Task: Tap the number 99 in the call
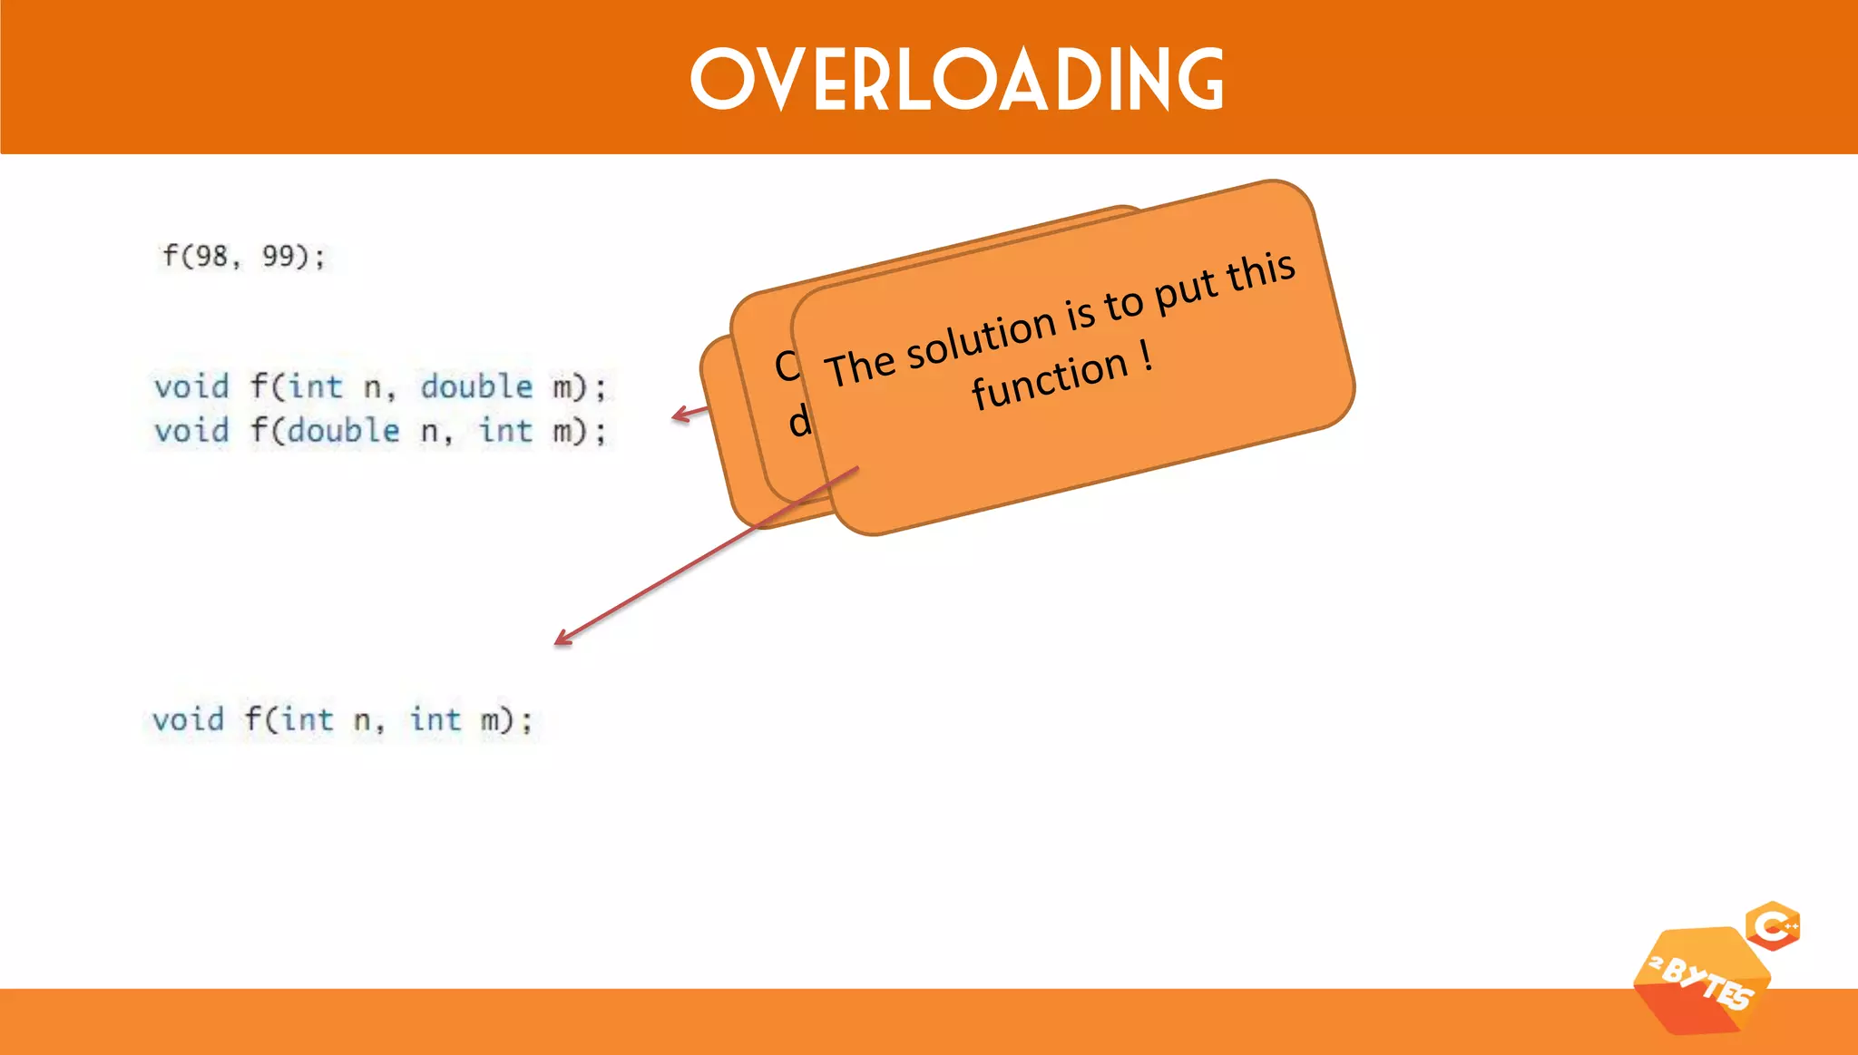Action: click(x=279, y=257)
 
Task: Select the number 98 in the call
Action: click(x=212, y=257)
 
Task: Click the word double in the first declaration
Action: click(x=476, y=387)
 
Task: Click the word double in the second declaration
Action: click(x=343, y=431)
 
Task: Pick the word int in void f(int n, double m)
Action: click(x=316, y=387)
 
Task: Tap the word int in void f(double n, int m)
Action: click(x=505, y=431)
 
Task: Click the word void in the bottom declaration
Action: click(x=188, y=720)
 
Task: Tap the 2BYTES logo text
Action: click(x=1702, y=983)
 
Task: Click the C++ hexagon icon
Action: click(x=1773, y=926)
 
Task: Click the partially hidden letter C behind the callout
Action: click(x=786, y=366)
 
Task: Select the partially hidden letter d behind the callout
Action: click(x=798, y=422)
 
